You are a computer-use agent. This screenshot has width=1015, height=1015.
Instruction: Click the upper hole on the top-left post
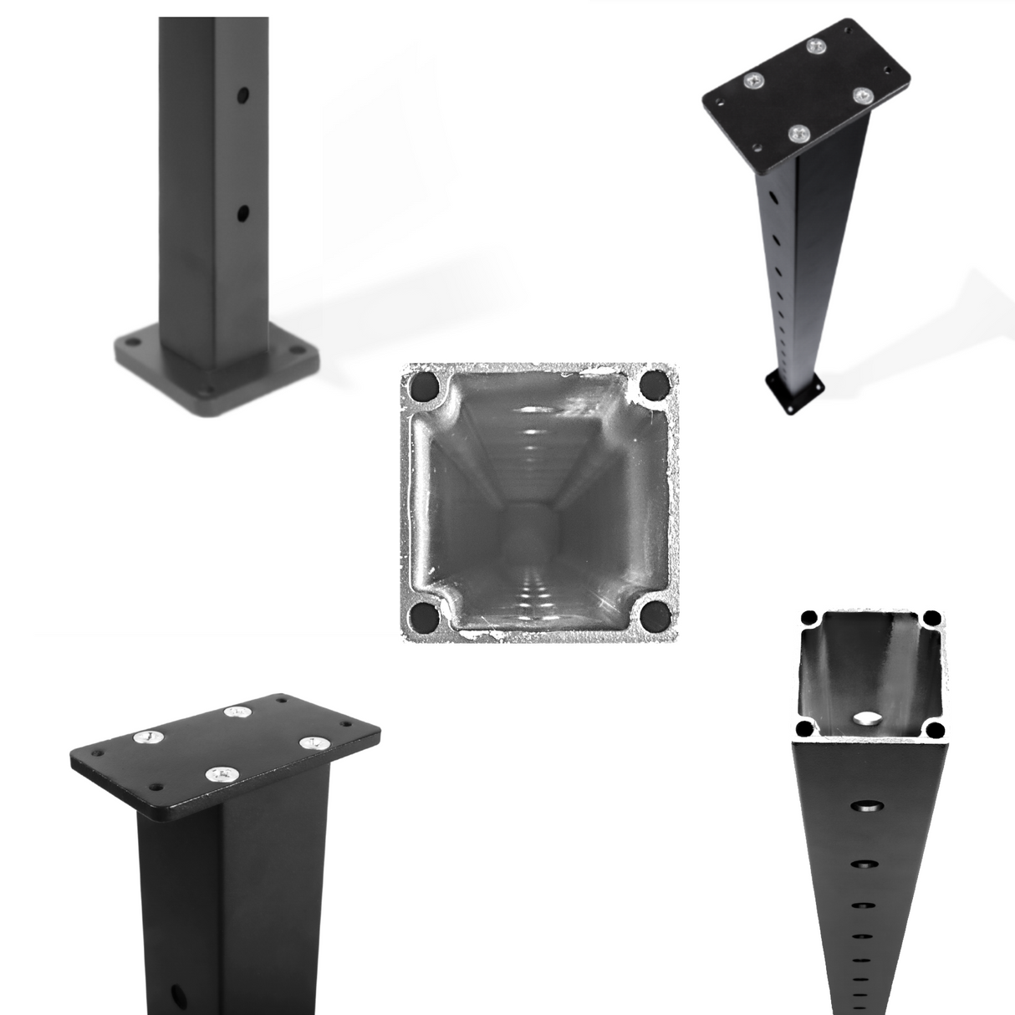point(242,95)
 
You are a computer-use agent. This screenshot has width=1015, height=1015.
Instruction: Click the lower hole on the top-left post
point(242,213)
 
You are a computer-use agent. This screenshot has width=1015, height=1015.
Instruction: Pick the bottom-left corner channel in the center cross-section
point(425,619)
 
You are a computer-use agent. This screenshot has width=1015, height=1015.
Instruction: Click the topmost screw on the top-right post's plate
point(816,46)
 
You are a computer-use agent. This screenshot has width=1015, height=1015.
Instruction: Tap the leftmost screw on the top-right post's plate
point(757,81)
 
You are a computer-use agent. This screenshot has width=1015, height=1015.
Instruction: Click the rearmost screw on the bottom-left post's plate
point(239,713)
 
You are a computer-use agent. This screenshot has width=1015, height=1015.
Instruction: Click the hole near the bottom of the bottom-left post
point(178,995)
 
